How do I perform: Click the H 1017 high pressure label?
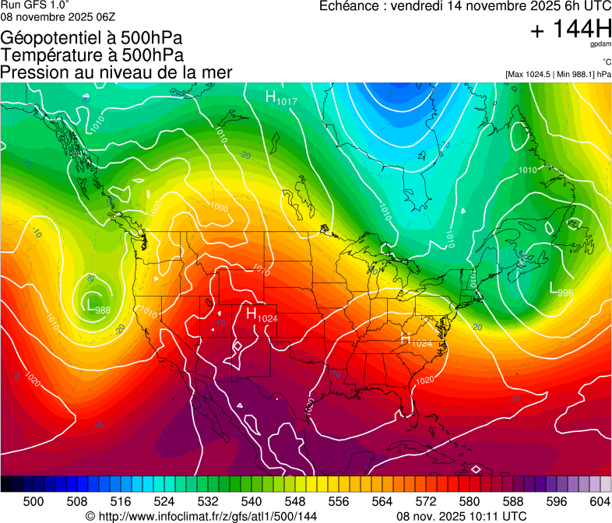(281, 97)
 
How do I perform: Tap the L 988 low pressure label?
(97, 306)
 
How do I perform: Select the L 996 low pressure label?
(561, 290)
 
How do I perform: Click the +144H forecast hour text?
(571, 30)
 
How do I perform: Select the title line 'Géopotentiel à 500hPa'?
(92, 38)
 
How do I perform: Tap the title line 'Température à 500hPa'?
(92, 55)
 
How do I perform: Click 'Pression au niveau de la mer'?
(117, 72)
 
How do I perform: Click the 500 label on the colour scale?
(33, 502)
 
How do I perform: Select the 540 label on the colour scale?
(251, 502)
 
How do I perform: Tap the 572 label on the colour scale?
(425, 502)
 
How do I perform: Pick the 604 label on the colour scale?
(599, 502)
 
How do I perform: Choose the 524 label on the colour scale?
(164, 502)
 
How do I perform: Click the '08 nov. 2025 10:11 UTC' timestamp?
(462, 516)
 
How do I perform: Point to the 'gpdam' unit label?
(600, 45)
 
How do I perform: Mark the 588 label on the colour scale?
(512, 502)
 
